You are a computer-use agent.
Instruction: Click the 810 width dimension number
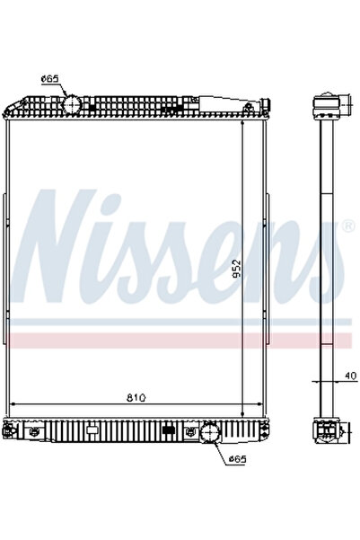pos(136,396)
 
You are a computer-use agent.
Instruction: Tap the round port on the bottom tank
pos(209,434)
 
